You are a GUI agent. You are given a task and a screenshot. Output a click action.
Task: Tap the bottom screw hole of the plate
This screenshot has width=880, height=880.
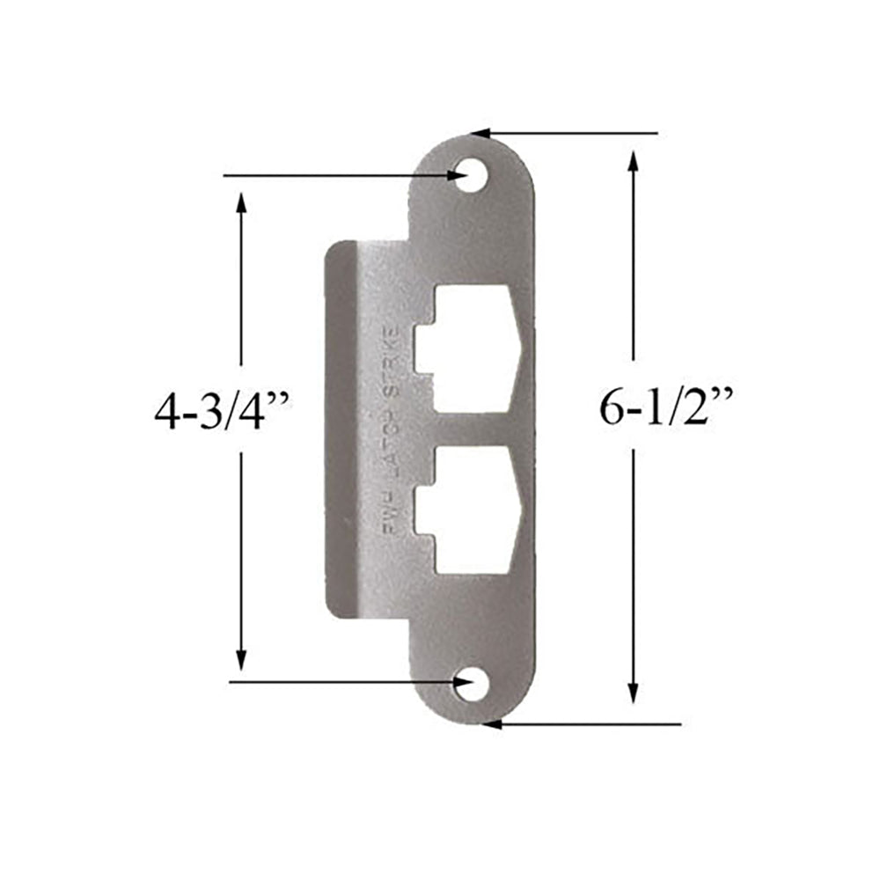(473, 686)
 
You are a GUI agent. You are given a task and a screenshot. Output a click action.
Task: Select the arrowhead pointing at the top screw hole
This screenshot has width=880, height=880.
(456, 176)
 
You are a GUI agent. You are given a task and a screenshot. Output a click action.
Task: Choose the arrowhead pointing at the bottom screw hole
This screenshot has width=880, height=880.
(458, 682)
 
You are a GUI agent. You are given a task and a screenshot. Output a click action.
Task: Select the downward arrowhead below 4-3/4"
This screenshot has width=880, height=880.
(241, 658)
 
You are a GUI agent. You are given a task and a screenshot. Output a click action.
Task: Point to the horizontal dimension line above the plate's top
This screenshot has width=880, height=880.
(572, 134)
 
